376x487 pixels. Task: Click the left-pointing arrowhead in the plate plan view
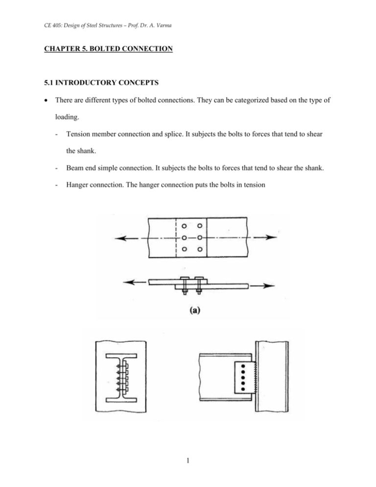(118, 238)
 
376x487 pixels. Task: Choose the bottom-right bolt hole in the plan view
(200, 249)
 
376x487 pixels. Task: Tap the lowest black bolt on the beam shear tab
(243, 389)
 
